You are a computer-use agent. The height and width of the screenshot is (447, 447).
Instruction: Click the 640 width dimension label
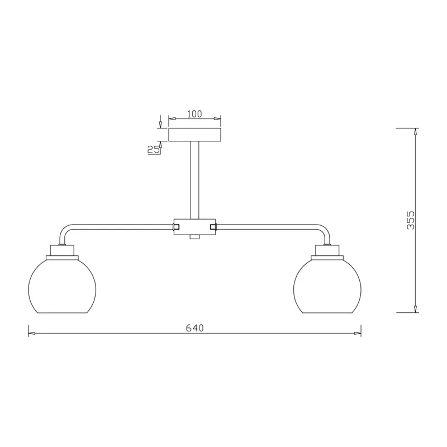(194, 328)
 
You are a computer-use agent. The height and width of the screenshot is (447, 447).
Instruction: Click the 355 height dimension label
(411, 220)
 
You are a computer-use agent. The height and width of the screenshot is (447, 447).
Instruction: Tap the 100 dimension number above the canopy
(194, 114)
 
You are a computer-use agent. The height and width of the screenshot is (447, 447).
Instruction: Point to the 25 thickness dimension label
(153, 149)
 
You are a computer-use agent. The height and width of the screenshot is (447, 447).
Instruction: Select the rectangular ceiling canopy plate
(194, 135)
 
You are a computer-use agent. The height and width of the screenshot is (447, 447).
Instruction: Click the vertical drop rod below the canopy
(194, 180)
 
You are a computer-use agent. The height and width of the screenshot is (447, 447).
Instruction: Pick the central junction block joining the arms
(194, 227)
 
